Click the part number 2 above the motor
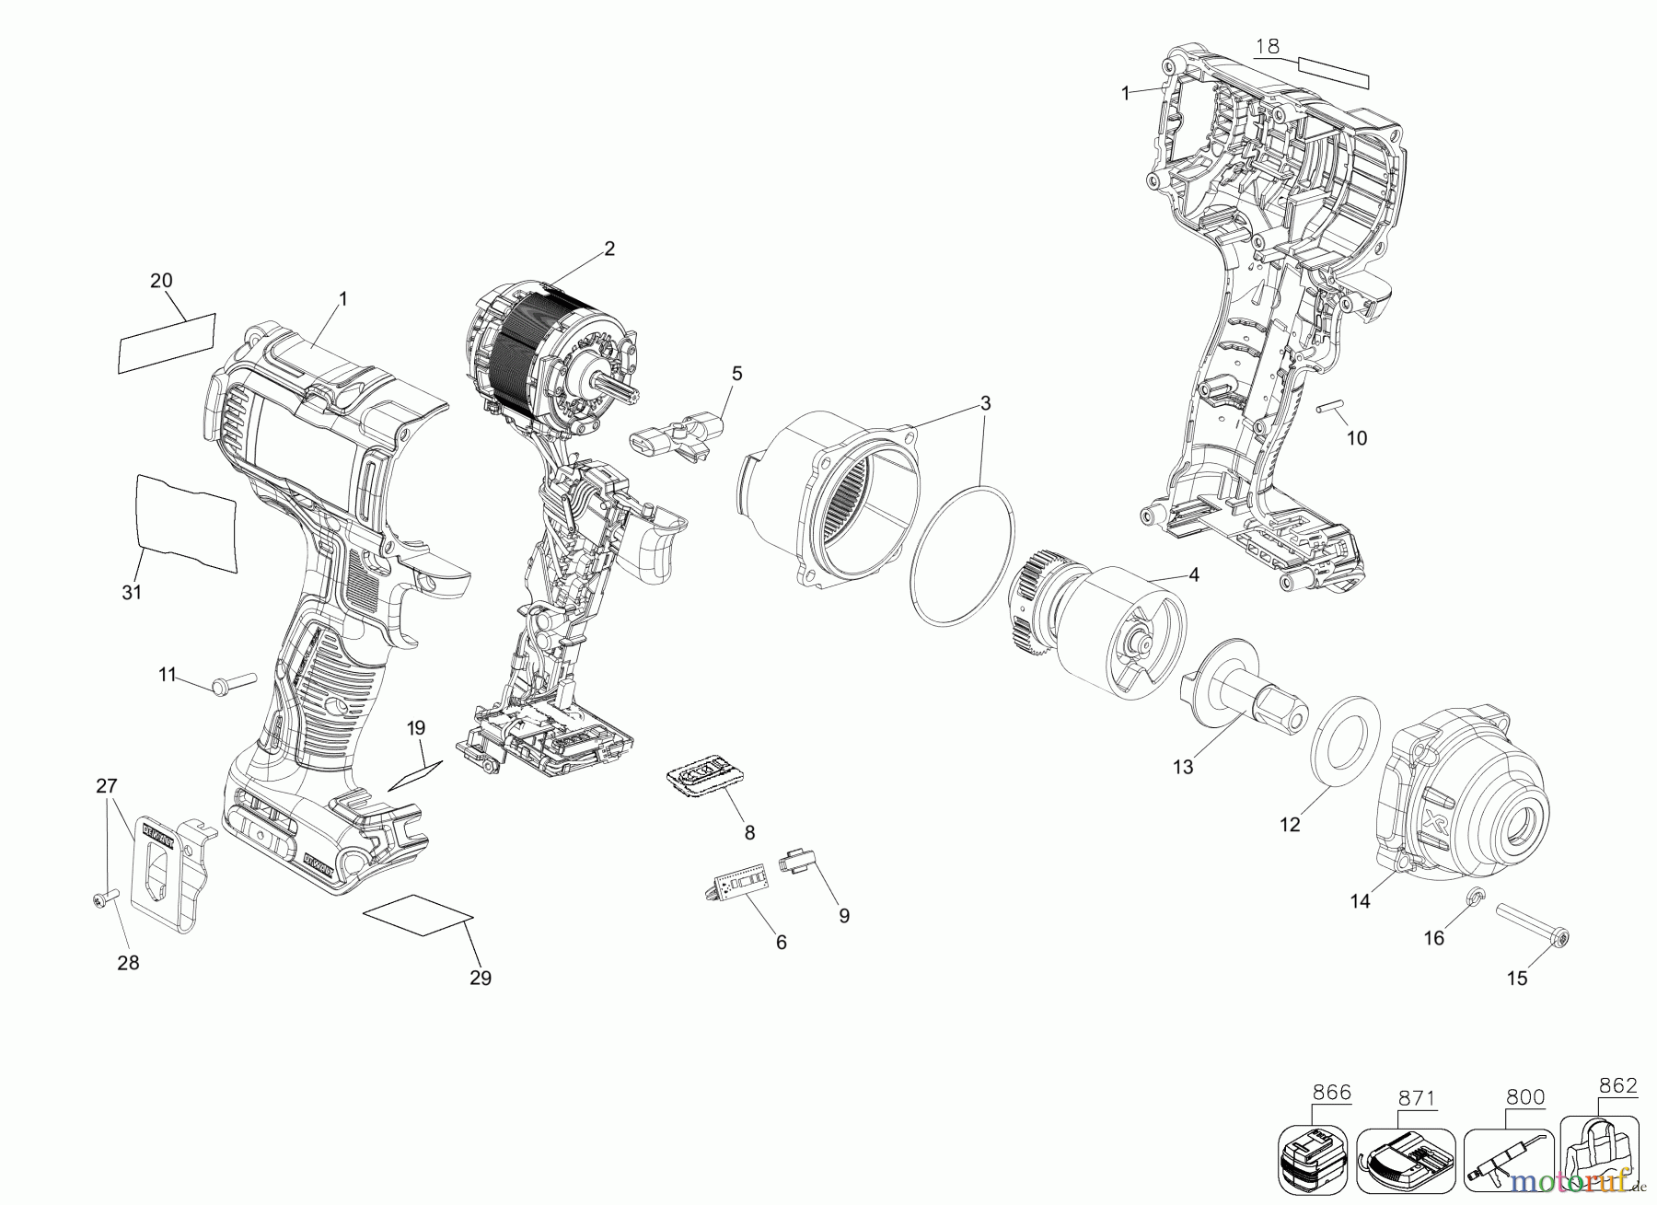pos(609,249)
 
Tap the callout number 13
pos(1183,767)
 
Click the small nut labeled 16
pos(1474,896)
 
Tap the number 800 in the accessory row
pos(1525,1097)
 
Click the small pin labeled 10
pos(1330,407)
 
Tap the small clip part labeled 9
pos(797,863)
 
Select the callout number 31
pos(132,592)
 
